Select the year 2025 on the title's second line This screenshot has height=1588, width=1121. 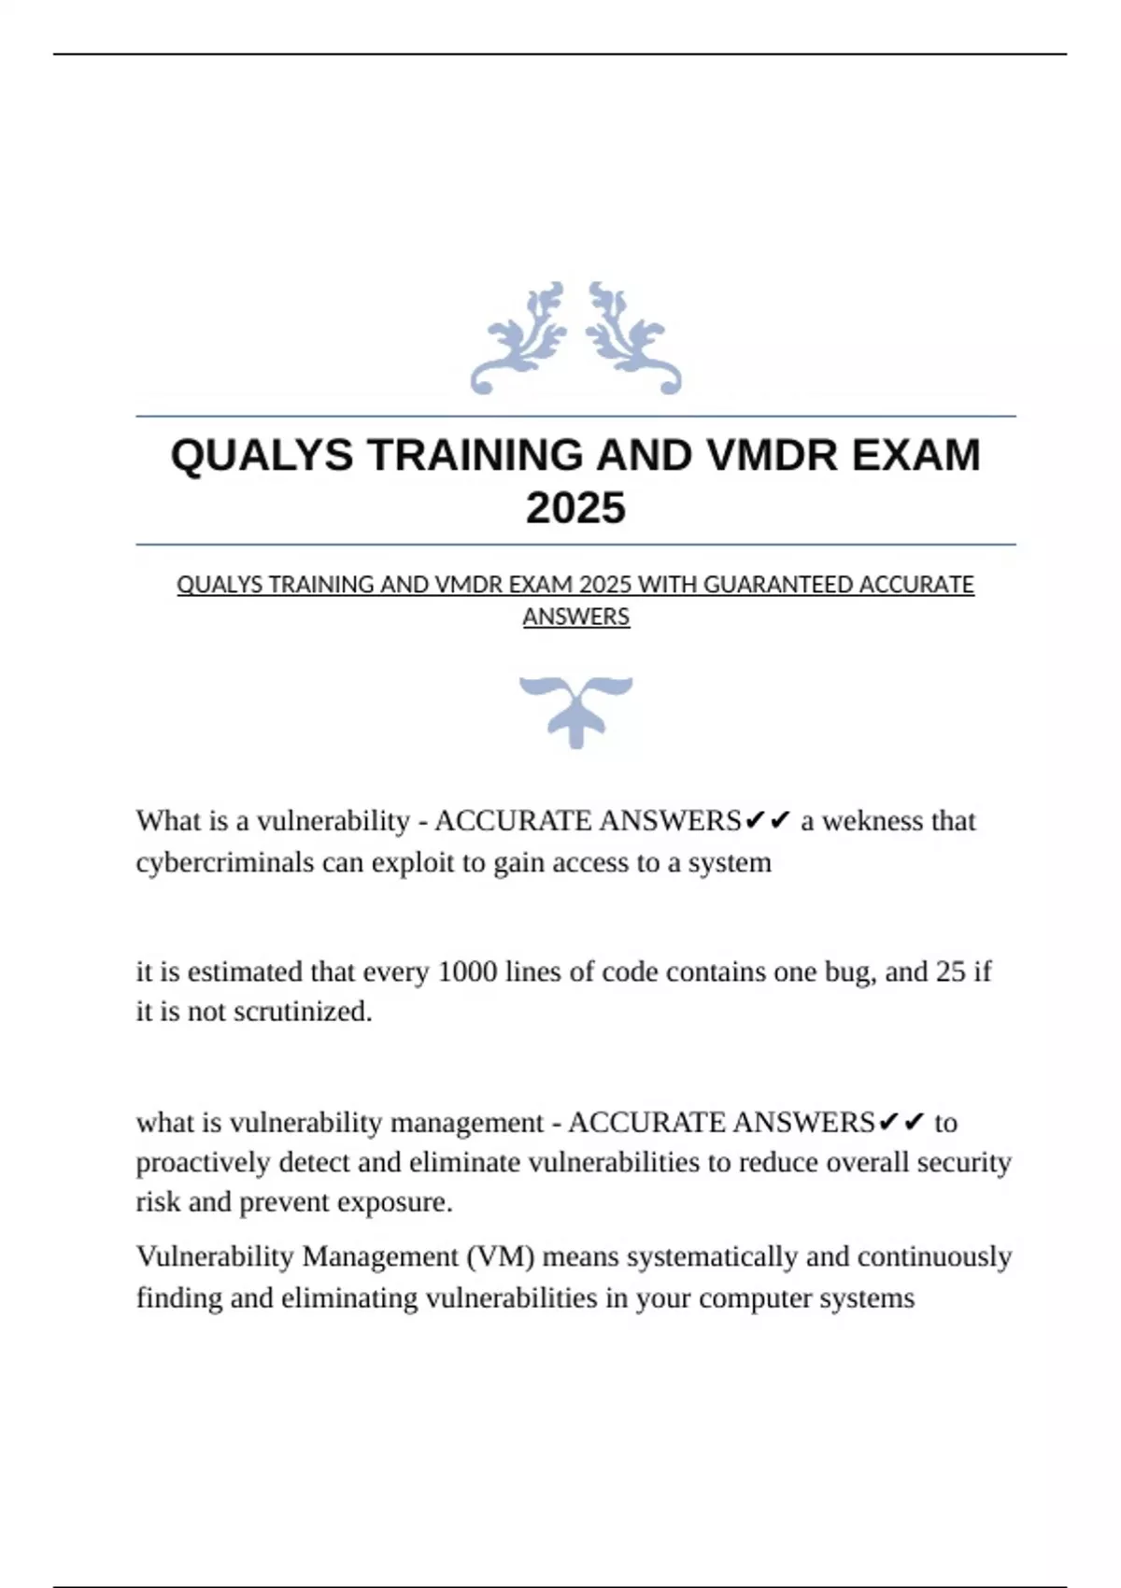click(x=575, y=509)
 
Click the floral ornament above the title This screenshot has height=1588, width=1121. click(x=575, y=338)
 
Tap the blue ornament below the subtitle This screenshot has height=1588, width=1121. click(x=575, y=710)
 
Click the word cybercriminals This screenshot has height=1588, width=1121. click(x=225, y=862)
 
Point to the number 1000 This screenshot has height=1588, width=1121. click(x=467, y=971)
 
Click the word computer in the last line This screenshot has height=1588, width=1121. click(x=755, y=1297)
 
